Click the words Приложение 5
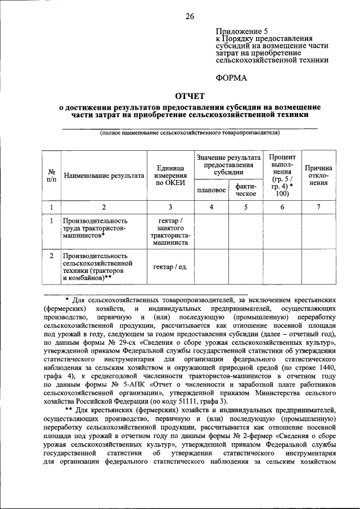coord(242,31)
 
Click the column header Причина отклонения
coord(318,175)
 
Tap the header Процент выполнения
coord(282,174)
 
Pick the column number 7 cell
coord(318,207)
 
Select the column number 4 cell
coord(211,207)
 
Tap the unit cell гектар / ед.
coord(170,266)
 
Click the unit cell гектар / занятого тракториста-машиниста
coord(170,232)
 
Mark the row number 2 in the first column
coord(51,256)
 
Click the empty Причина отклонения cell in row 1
coord(318,232)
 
